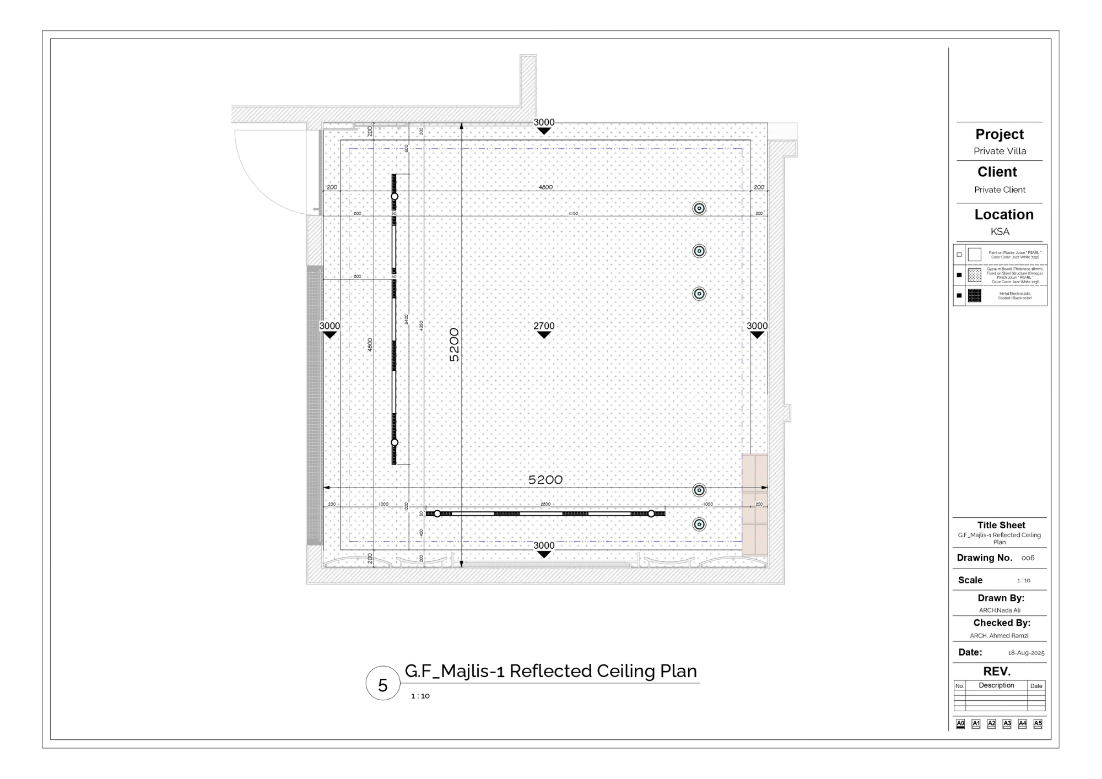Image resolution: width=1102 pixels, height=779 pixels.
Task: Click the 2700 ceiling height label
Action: click(x=544, y=326)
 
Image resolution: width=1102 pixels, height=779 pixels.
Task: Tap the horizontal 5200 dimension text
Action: click(x=545, y=480)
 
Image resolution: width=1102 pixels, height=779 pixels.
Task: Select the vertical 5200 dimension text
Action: click(x=454, y=345)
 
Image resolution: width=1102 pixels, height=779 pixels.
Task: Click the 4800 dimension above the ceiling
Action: click(x=545, y=187)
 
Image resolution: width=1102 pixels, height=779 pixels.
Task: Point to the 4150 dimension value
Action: click(x=573, y=213)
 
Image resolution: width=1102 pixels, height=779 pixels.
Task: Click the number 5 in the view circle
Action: click(x=382, y=685)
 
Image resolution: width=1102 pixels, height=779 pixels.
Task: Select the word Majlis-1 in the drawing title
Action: click(x=472, y=671)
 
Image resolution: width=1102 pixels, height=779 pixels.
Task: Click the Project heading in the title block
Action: click(x=1000, y=134)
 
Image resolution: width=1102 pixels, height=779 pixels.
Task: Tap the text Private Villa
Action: click(x=1000, y=151)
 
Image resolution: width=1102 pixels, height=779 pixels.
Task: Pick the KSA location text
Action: click(x=1000, y=231)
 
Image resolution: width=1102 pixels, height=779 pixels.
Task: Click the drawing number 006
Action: click(x=1028, y=558)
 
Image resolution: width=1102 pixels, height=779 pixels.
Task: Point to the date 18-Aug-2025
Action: click(x=1026, y=653)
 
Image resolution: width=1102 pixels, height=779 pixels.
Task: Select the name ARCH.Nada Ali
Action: click(x=1000, y=610)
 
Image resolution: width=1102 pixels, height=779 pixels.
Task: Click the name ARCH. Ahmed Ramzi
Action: click(x=999, y=636)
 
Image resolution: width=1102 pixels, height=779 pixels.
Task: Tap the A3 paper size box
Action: click(x=1007, y=723)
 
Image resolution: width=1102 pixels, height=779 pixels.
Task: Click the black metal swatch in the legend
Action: click(x=974, y=296)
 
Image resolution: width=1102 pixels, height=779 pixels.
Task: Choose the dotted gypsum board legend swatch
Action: click(x=974, y=275)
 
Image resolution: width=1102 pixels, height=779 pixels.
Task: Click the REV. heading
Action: click(x=997, y=672)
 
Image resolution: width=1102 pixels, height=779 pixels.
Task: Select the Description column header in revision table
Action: click(x=996, y=685)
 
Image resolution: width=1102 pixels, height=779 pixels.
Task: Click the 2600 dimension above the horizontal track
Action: click(x=545, y=504)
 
